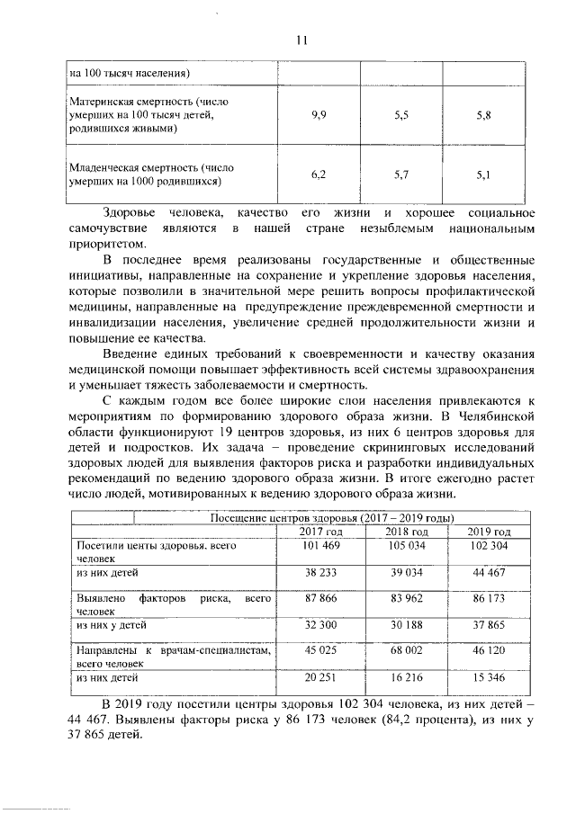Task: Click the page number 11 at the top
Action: (301, 40)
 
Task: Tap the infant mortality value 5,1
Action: (483, 174)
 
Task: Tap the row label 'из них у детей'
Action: (111, 622)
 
